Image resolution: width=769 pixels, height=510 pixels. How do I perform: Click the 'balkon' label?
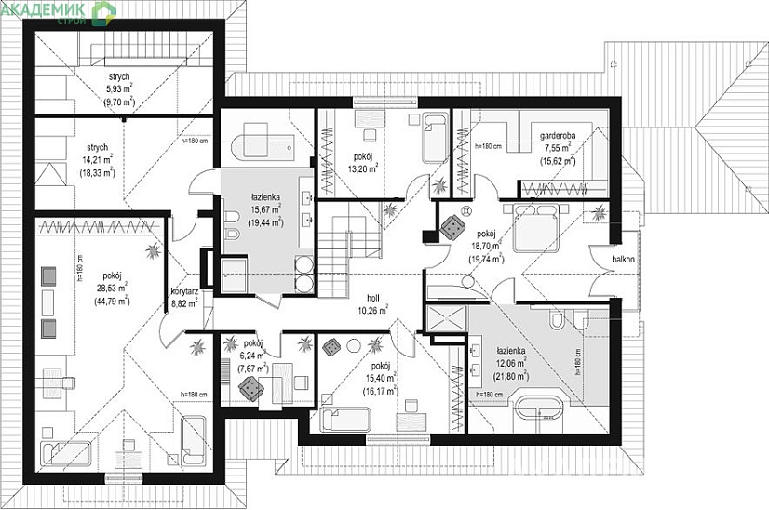click(623, 260)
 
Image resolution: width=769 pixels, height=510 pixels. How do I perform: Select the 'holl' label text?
click(372, 299)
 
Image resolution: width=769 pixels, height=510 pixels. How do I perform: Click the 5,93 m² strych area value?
click(118, 89)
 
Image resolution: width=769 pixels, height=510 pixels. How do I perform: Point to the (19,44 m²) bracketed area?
click(265, 222)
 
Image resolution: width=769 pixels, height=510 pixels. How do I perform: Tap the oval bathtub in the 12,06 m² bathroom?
click(543, 410)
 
